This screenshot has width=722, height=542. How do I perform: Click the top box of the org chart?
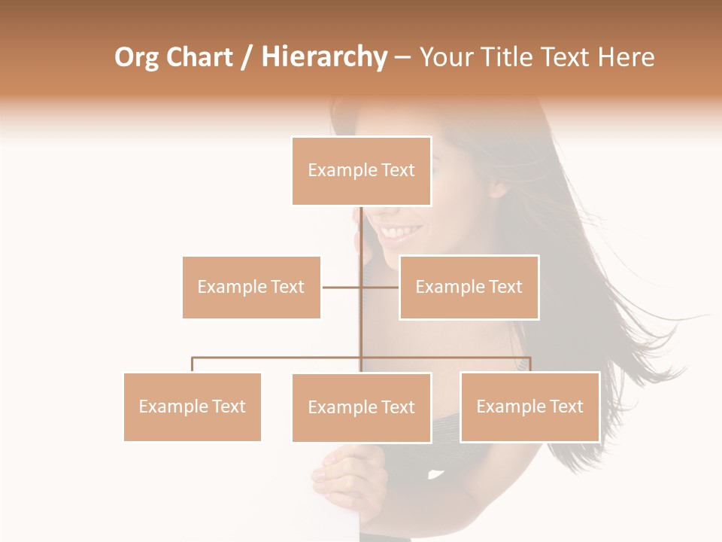tap(361, 171)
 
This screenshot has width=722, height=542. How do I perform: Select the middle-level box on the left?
tap(251, 287)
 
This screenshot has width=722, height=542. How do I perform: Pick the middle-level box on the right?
tap(469, 287)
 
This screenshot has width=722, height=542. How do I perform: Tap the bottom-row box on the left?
tap(192, 406)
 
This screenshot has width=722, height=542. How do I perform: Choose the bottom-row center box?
tap(361, 407)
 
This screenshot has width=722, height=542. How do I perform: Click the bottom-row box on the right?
tap(529, 406)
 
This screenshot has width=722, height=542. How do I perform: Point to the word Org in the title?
tap(136, 57)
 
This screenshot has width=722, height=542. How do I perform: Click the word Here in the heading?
tap(625, 57)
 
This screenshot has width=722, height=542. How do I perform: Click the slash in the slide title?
tap(246, 58)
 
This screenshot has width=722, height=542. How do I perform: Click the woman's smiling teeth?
tap(401, 230)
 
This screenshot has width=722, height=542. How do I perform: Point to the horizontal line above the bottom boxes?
tap(278, 358)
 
